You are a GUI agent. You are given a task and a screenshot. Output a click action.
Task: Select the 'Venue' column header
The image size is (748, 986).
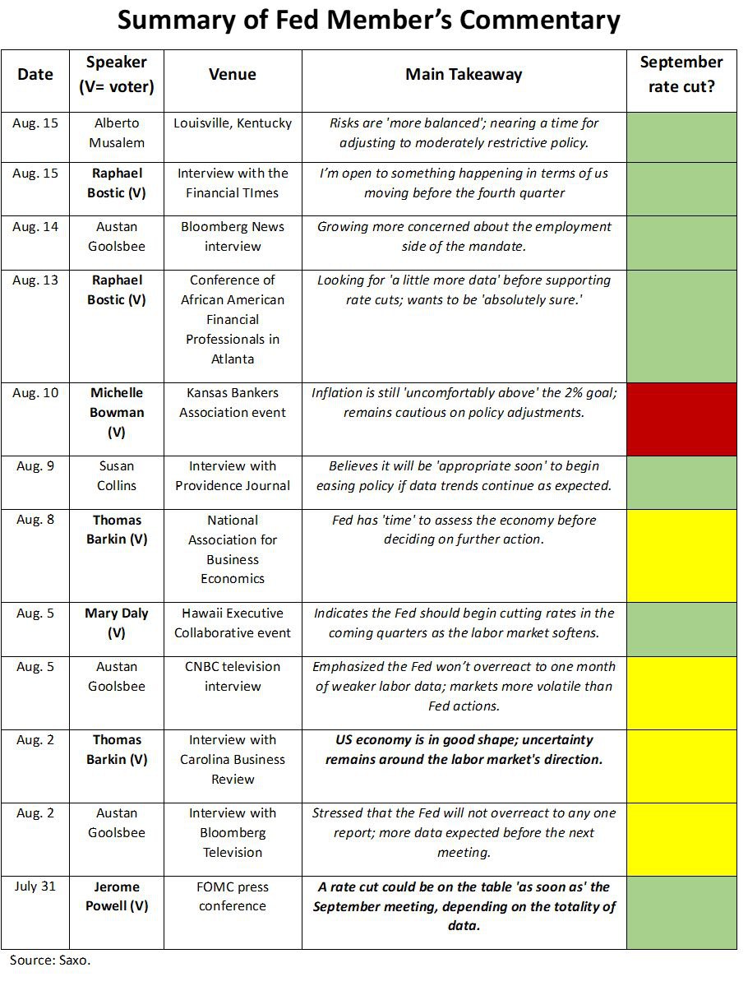coord(233,74)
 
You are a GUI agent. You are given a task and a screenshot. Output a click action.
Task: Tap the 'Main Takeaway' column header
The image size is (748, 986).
coord(464,74)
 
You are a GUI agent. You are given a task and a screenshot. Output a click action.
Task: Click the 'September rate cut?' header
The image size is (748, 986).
coord(681,74)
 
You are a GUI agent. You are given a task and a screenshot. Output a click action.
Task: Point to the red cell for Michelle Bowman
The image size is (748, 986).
coord(681,419)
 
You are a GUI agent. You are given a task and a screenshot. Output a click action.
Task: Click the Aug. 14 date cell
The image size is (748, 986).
coord(35,227)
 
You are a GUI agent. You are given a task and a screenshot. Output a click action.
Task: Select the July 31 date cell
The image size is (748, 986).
coord(35,887)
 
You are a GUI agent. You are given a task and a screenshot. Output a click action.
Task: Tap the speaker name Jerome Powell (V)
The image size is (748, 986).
coord(117,896)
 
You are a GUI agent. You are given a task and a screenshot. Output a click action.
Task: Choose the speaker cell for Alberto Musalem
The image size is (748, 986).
coord(117,133)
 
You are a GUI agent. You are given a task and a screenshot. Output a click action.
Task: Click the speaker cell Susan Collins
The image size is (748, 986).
coord(117,475)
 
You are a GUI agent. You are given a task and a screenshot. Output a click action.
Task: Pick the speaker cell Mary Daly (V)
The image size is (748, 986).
coord(117,623)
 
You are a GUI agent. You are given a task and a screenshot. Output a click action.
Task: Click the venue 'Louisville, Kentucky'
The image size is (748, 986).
coord(233,123)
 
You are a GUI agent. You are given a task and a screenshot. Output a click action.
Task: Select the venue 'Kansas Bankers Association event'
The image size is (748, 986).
coord(233,403)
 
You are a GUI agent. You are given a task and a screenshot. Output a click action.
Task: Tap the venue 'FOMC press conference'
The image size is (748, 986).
coord(233,896)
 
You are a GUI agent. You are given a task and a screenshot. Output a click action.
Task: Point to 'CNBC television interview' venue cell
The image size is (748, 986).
coord(233,676)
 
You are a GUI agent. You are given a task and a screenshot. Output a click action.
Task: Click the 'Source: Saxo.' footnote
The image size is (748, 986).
coord(49,960)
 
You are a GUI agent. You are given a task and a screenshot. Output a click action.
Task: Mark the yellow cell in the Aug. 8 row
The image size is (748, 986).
coord(681,555)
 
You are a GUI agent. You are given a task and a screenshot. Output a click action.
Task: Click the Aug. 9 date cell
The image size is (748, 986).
coord(35,466)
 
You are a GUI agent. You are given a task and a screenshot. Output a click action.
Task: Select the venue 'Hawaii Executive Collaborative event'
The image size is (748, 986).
coord(233,623)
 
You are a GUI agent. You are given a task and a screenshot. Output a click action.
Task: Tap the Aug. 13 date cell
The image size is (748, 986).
coord(35,280)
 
